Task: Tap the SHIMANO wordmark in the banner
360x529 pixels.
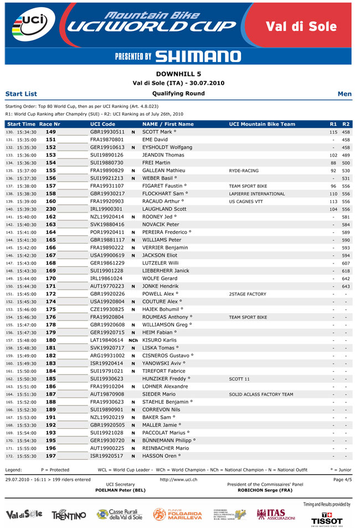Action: coord(198,56)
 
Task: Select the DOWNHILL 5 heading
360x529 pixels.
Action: coord(179,74)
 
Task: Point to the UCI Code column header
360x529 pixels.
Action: coord(103,125)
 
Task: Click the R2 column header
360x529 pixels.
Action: coord(346,125)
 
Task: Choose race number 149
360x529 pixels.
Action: coord(50,132)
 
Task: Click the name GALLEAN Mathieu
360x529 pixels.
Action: coord(163,171)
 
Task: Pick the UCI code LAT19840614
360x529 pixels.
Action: coord(107,340)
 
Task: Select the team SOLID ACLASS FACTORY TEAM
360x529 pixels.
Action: coord(261,395)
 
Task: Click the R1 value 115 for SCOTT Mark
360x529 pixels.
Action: coord(333,132)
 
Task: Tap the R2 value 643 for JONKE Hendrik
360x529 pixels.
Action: coord(346,286)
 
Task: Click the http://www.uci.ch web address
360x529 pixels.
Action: coord(178,479)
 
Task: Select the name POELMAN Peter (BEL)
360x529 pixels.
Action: coord(120,490)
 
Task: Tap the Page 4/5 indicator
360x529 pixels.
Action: coord(342,479)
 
